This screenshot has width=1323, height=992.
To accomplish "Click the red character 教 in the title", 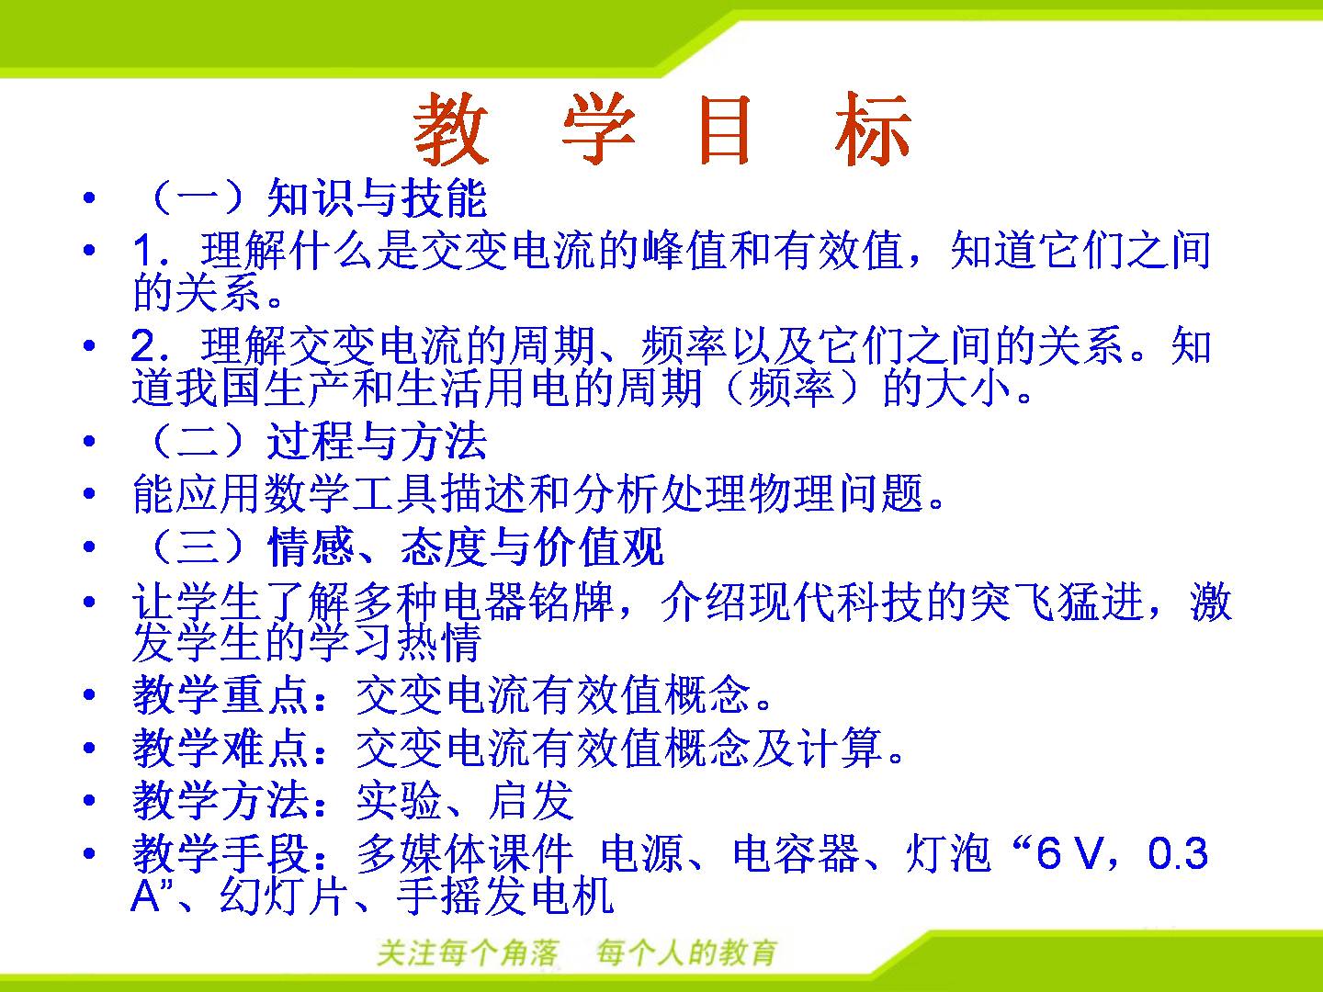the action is click(450, 129).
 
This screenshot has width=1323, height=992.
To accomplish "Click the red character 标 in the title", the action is click(872, 129).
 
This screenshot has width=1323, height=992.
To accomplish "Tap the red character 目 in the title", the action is click(725, 130).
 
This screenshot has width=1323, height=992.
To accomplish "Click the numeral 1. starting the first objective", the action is click(150, 250).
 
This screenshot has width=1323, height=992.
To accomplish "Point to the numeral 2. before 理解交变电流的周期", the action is click(150, 346).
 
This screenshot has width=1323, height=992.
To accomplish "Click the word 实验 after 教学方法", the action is click(399, 800).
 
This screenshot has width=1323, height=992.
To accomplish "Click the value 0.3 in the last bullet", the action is click(1178, 853).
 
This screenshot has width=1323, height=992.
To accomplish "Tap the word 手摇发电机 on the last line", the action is click(505, 896).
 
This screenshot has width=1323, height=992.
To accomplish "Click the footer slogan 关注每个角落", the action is click(468, 953).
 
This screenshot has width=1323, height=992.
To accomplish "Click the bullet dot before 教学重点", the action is click(89, 695).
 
